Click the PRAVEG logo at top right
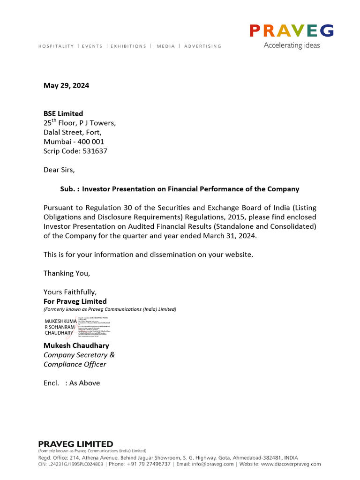[x=291, y=31]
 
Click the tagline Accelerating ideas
[x=292, y=45]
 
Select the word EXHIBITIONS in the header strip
[x=128, y=46]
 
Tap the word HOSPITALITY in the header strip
[x=56, y=46]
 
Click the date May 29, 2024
[x=66, y=85]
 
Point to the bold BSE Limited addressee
[x=63, y=113]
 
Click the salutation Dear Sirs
[x=59, y=170]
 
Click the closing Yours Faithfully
[x=70, y=292]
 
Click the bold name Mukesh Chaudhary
[x=76, y=345]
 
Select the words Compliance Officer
[x=75, y=364]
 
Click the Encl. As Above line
[x=72, y=383]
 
